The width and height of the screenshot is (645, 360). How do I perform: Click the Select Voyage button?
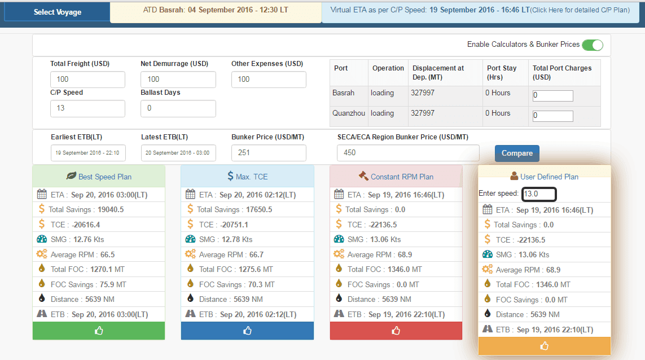[57, 12]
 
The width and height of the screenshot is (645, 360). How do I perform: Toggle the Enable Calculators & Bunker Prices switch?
[593, 45]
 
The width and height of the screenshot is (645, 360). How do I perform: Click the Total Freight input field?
[87, 80]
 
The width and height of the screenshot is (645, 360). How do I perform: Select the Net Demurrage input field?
[178, 80]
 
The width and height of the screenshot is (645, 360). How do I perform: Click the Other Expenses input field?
[269, 80]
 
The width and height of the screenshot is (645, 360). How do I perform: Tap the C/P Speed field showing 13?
[87, 108]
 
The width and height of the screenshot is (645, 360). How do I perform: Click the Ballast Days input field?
[178, 108]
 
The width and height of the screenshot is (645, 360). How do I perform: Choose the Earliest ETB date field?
[87, 153]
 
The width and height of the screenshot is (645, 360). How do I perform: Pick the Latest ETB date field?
[178, 153]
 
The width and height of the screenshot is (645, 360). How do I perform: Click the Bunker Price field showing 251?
[269, 153]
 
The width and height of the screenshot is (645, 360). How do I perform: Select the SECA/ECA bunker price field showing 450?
[407, 153]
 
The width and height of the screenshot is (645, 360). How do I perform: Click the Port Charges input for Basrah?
[552, 96]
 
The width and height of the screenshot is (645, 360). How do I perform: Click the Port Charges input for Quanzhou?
[552, 116]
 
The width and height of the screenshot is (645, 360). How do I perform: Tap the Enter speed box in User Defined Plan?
[539, 194]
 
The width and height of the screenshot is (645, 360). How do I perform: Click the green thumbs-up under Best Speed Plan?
[99, 331]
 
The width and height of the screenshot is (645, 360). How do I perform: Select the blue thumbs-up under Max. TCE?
[247, 331]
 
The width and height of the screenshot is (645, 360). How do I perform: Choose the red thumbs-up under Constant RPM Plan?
[396, 331]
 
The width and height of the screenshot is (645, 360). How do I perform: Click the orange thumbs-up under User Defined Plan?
[544, 346]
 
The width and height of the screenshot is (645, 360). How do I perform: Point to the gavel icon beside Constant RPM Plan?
[363, 176]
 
